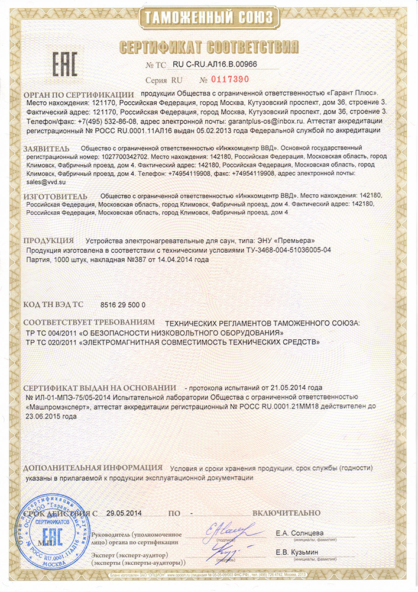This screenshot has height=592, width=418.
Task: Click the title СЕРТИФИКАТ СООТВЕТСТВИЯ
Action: tap(209, 47)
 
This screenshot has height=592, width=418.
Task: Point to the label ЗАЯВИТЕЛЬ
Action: tap(47, 147)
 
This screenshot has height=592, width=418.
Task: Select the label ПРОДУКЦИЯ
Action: tap(48, 241)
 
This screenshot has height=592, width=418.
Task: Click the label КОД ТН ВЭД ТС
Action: tap(53, 305)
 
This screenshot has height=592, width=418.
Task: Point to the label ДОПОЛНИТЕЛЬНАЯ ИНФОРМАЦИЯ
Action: tap(93, 468)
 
